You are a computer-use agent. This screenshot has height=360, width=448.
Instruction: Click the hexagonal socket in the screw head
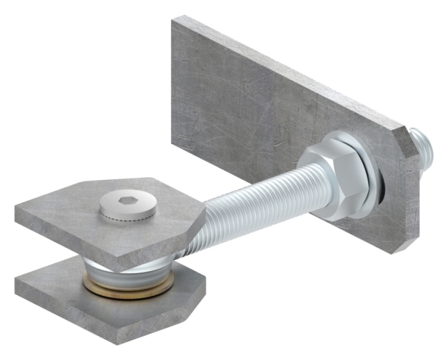coord(128,200)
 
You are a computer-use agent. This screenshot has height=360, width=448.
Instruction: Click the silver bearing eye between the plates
coord(131,270)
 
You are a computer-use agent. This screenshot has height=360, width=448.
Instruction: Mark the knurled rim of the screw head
coord(128,214)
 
